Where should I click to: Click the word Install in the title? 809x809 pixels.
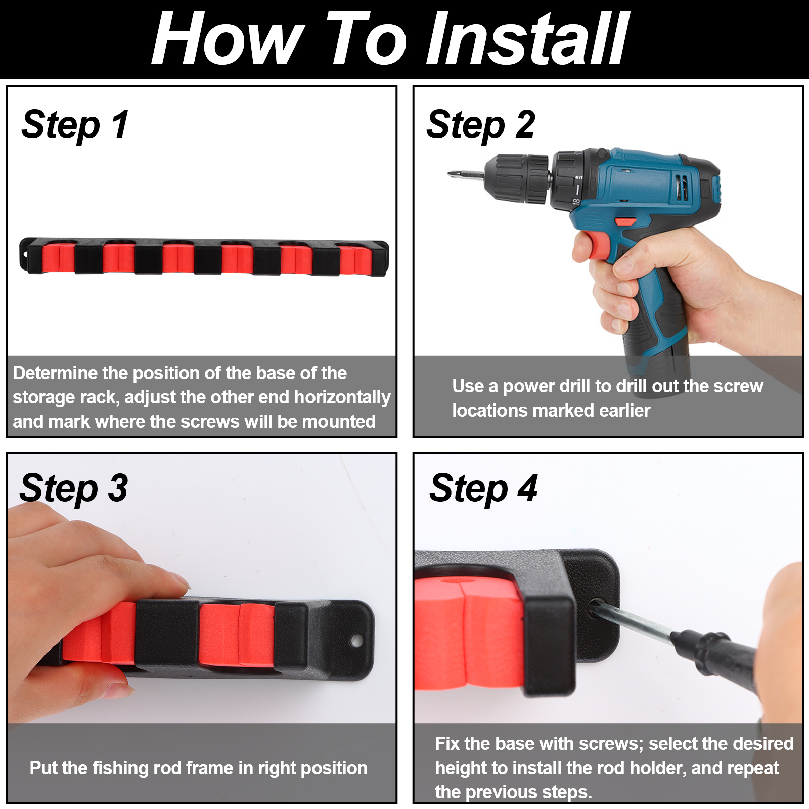coord(528,38)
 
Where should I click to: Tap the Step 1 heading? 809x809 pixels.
coord(75,125)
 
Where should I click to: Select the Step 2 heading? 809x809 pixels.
coord(481,125)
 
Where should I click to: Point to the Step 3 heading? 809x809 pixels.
coord(74,488)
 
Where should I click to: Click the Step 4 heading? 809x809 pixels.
coord(483,488)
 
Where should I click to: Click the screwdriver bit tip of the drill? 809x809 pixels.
coord(450,174)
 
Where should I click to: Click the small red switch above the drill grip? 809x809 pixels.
coord(625,221)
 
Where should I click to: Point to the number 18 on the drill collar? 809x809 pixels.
coord(576,202)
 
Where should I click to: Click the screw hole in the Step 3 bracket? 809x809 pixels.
coord(356,641)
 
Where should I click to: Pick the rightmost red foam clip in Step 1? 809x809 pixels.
coord(356,259)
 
